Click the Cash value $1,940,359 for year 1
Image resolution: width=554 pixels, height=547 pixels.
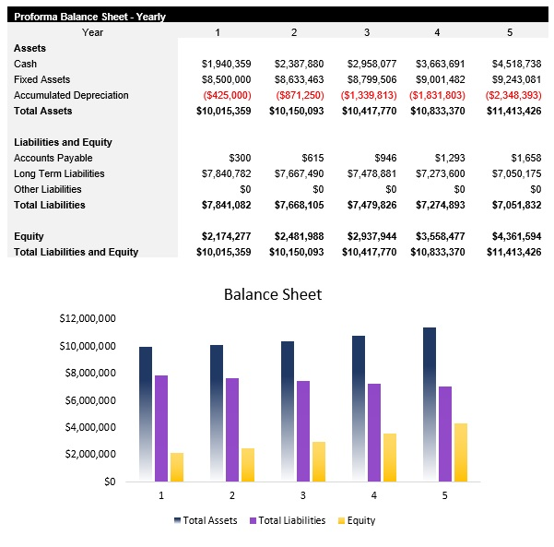[226, 64]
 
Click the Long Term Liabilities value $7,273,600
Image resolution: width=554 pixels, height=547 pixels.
[438, 173]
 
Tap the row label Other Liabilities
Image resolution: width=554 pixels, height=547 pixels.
[48, 189]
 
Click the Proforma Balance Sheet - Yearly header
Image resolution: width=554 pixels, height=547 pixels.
[89, 17]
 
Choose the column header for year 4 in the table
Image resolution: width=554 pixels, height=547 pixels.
[437, 32]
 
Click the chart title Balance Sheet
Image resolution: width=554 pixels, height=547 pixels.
[273, 294]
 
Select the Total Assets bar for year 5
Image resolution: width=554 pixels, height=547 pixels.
[430, 404]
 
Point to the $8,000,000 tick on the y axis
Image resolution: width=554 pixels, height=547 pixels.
[89, 374]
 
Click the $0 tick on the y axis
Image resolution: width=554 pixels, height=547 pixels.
[109, 482]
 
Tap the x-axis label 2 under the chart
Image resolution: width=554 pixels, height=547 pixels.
[231, 495]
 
